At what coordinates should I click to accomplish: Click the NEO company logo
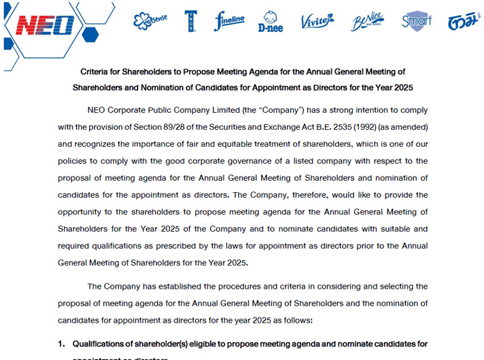(x=44, y=25)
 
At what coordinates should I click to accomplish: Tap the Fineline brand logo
(x=229, y=21)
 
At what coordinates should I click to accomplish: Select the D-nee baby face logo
(x=270, y=22)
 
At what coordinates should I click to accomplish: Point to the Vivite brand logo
(x=317, y=22)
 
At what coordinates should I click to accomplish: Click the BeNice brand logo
(x=367, y=22)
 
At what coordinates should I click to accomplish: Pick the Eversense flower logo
(x=150, y=21)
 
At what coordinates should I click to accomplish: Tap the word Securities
(x=272, y=127)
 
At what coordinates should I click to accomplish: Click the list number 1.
(x=61, y=344)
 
